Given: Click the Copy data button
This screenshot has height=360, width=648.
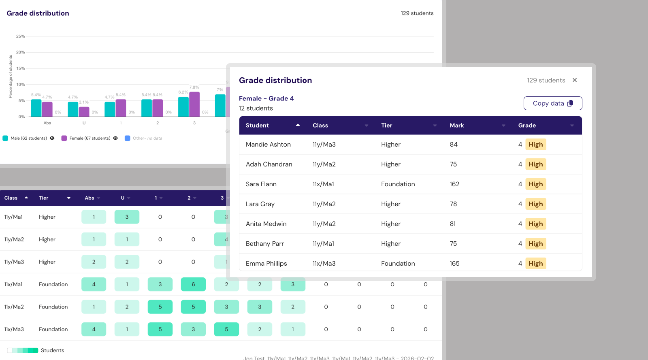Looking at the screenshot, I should pyautogui.click(x=552, y=103).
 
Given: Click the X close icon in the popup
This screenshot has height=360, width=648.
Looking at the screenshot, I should pyautogui.click(x=574, y=80).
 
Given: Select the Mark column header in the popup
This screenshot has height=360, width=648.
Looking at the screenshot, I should pyautogui.click(x=457, y=126).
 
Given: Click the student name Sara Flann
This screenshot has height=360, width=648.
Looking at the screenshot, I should pyautogui.click(x=261, y=184).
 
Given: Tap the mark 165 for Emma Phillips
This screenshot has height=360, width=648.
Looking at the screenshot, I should pyautogui.click(x=454, y=264).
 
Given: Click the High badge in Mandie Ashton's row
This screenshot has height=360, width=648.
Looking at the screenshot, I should pyautogui.click(x=535, y=145).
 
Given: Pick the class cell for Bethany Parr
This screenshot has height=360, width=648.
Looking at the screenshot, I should pyautogui.click(x=323, y=244).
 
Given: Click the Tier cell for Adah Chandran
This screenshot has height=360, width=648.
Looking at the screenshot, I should pyautogui.click(x=390, y=164).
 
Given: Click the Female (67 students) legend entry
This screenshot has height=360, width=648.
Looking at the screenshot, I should pyautogui.click(x=90, y=138).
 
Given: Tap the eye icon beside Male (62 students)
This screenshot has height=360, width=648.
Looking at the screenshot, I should pyautogui.click(x=52, y=138).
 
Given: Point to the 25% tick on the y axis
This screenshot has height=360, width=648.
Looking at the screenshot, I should pyautogui.click(x=20, y=36).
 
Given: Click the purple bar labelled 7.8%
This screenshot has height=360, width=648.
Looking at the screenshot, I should pyautogui.click(x=194, y=104).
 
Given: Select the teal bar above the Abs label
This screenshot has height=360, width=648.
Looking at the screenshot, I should pyautogui.click(x=36, y=108).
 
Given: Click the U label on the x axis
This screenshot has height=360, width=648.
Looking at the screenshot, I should pyautogui.click(x=84, y=123).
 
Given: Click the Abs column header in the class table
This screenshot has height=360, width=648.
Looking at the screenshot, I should pyautogui.click(x=90, y=198).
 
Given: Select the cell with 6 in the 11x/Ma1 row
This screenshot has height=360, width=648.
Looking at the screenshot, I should pyautogui.click(x=193, y=285).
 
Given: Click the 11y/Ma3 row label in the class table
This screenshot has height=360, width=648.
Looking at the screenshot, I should pyautogui.click(x=14, y=262).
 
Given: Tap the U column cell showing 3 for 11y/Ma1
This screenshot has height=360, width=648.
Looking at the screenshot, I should pyautogui.click(x=127, y=217).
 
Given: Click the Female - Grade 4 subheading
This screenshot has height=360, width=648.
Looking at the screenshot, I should pyautogui.click(x=266, y=98).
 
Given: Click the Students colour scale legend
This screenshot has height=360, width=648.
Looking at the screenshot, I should pyautogui.click(x=23, y=351).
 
